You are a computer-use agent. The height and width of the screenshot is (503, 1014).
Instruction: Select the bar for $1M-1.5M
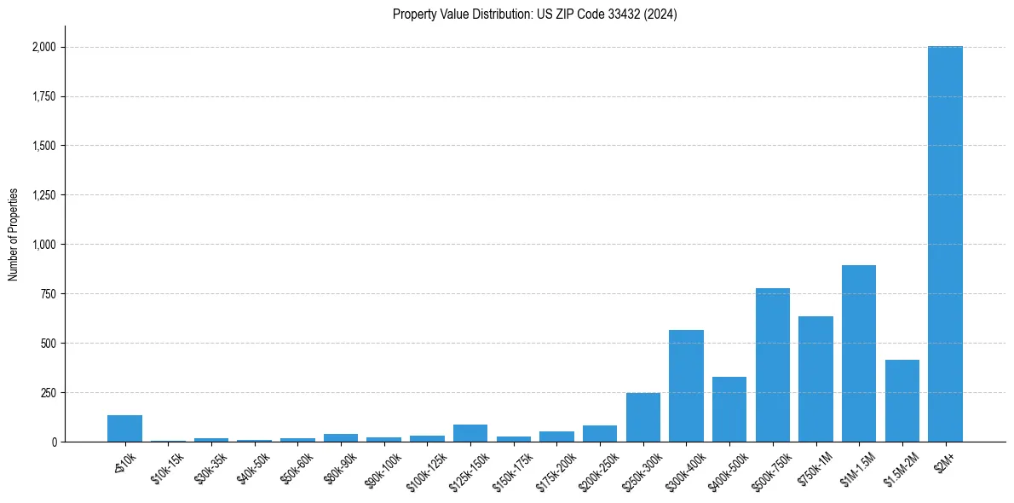(x=859, y=354)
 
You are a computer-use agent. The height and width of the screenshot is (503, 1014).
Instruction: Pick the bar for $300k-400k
(x=686, y=385)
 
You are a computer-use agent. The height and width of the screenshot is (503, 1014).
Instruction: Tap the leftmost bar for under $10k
(x=124, y=429)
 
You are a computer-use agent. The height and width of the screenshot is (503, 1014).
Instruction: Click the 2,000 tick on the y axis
(x=44, y=47)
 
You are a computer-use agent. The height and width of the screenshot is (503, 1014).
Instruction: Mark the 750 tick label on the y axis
(x=49, y=294)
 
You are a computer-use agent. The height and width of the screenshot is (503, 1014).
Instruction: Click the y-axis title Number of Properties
(x=14, y=234)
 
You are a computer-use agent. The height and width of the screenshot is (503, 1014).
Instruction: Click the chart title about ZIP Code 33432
(x=534, y=14)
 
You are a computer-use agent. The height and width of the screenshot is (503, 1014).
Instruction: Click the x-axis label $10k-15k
(x=166, y=465)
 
